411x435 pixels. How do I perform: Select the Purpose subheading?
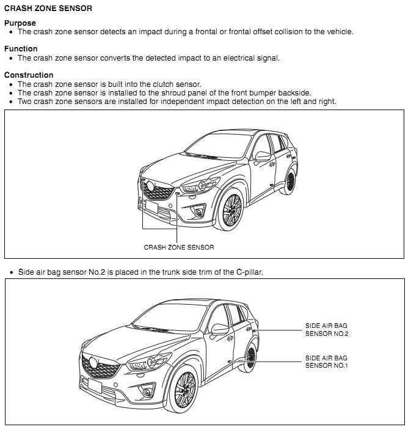tap(20, 23)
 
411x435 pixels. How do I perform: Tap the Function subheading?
tap(21, 48)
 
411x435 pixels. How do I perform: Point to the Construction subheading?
tap(29, 75)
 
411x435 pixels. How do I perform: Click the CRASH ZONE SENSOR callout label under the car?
tap(179, 247)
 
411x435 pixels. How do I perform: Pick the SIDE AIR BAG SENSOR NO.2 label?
tap(327, 330)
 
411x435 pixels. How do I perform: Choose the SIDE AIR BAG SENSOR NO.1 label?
tap(327, 361)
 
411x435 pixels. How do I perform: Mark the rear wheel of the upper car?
tap(291, 179)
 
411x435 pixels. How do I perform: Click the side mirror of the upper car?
tap(263, 155)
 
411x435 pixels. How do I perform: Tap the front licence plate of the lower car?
tap(95, 385)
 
